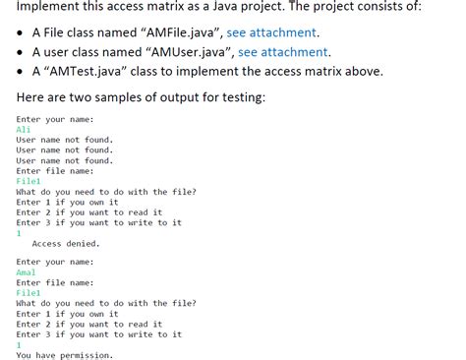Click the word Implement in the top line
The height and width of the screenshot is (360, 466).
(51, 8)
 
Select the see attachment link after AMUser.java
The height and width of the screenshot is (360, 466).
(284, 52)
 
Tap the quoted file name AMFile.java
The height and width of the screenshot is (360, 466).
(175, 32)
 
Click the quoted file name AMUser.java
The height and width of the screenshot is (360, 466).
(182, 52)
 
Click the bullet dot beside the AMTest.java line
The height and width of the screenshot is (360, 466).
(22, 72)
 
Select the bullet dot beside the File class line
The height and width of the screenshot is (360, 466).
(22, 33)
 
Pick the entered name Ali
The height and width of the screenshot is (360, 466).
(24, 129)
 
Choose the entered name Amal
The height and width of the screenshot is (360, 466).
(27, 272)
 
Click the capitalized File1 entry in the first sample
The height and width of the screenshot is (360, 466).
(29, 181)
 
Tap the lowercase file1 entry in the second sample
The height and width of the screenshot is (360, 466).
(29, 293)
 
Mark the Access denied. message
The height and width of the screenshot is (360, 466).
(66, 243)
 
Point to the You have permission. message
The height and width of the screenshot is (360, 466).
(65, 354)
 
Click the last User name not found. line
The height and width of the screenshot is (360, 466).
(65, 160)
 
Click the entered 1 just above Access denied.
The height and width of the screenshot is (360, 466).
(19, 232)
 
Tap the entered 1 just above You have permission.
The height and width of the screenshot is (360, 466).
(19, 344)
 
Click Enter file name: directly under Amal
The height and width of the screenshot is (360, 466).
(57, 283)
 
